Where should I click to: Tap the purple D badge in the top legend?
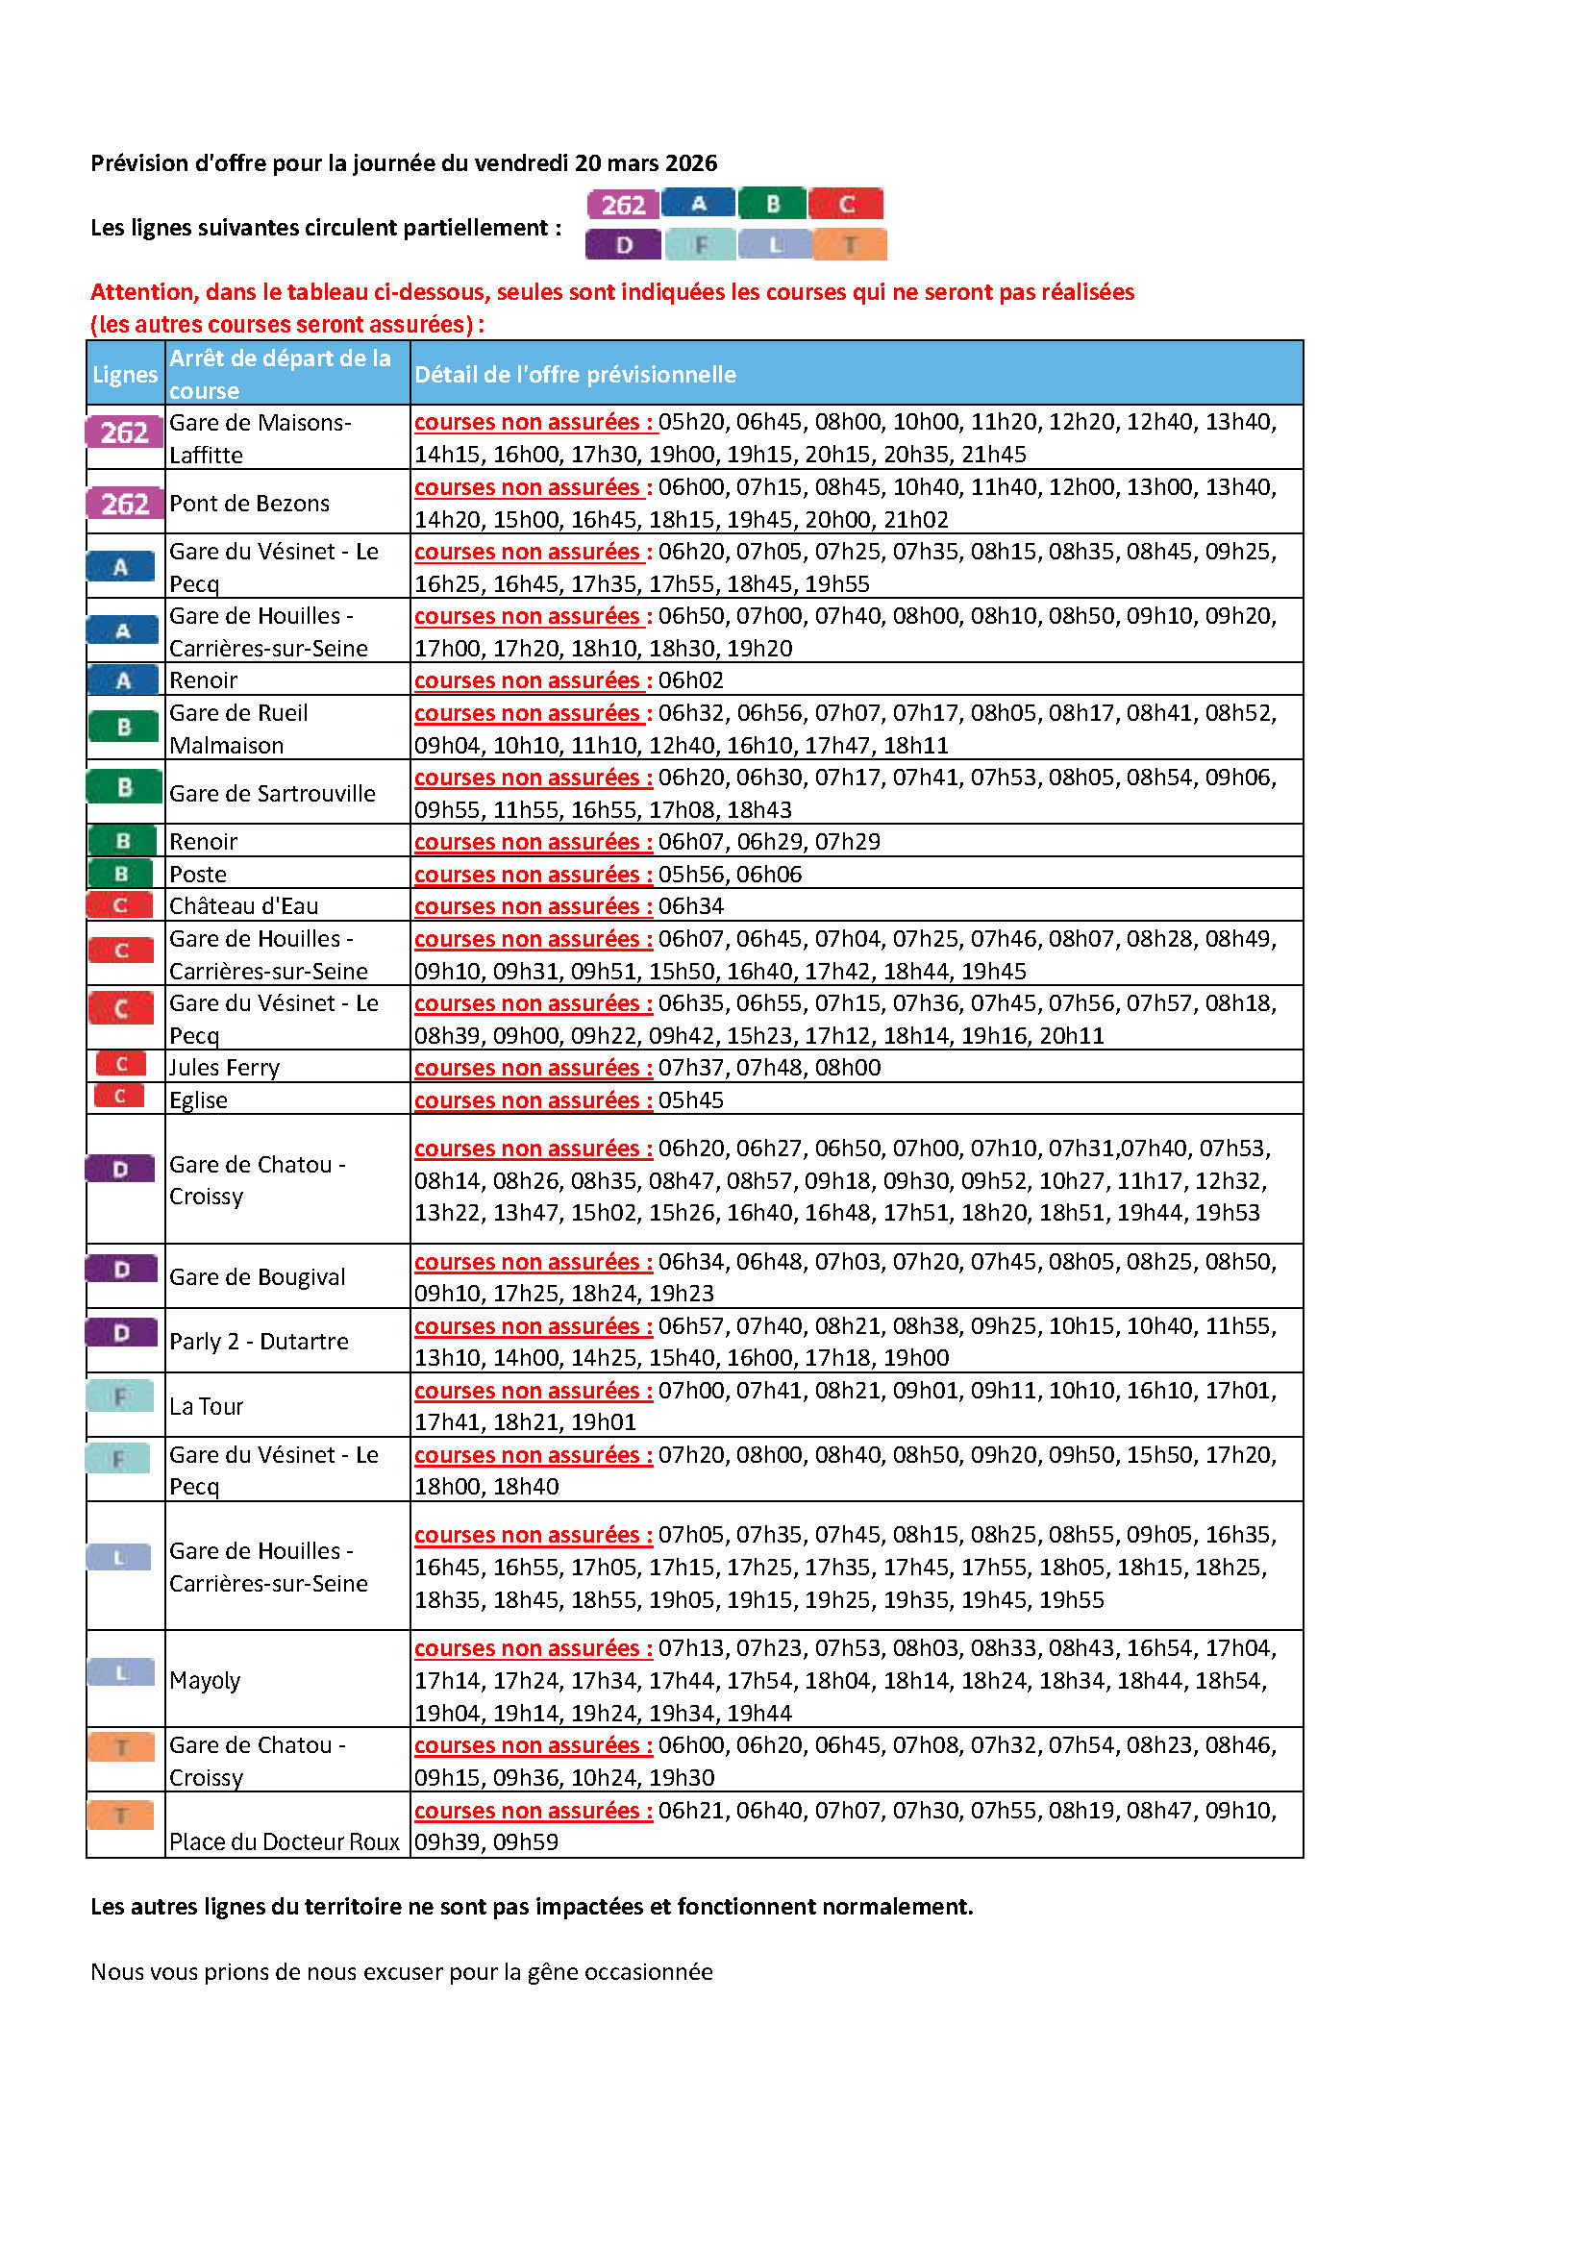click(x=624, y=245)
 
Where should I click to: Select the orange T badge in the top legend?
click(x=850, y=245)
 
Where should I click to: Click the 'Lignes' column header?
click(x=124, y=374)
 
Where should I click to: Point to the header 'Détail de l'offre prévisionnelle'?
click(x=575, y=374)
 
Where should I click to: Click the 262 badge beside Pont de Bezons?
click(x=124, y=504)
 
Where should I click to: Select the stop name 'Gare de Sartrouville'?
click(x=272, y=793)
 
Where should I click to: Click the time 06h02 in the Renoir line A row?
click(x=690, y=679)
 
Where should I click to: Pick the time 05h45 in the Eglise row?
click(x=690, y=1099)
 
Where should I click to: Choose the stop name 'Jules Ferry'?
click(x=224, y=1067)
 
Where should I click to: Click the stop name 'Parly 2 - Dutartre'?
click(x=259, y=1341)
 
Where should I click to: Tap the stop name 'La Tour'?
click(x=206, y=1406)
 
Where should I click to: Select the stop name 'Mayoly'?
click(x=205, y=1680)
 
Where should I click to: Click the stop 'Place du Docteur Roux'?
click(x=284, y=1841)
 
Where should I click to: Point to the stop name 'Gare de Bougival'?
click(x=258, y=1276)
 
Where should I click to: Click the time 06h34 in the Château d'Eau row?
click(x=690, y=905)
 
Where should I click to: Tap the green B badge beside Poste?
click(x=121, y=874)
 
